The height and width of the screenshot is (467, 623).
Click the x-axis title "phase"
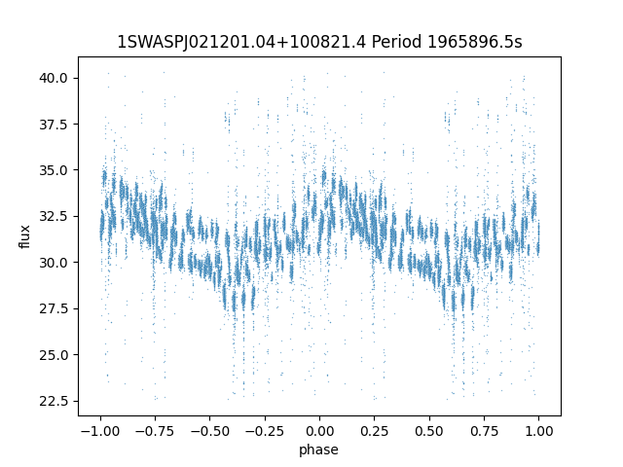[x=319, y=449]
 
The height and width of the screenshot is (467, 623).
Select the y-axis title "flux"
[x=25, y=236]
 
